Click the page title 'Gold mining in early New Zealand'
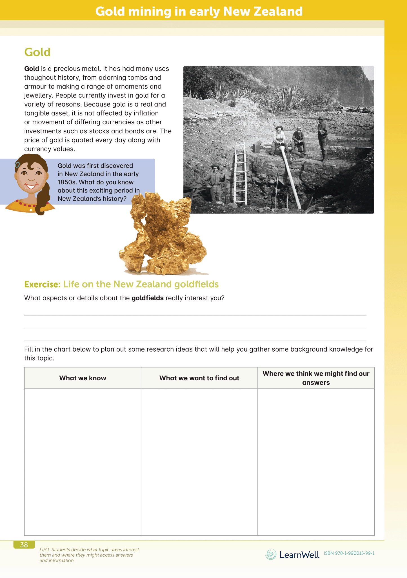pyautogui.click(x=199, y=11)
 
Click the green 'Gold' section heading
pyautogui.click(x=37, y=52)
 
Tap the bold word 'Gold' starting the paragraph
pyautogui.click(x=32, y=69)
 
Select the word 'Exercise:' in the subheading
pyautogui.click(x=43, y=284)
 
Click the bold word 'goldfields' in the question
pyautogui.click(x=148, y=298)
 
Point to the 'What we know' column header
pyautogui.click(x=83, y=378)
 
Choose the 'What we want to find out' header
pyautogui.click(x=199, y=378)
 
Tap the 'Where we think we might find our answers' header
pyautogui.click(x=316, y=378)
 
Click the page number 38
pyautogui.click(x=24, y=545)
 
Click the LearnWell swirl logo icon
pyautogui.click(x=271, y=554)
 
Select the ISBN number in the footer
pyautogui.click(x=349, y=553)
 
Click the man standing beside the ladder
pyautogui.click(x=215, y=183)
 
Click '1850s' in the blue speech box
pyautogui.click(x=67, y=182)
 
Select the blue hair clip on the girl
pyautogui.click(x=17, y=164)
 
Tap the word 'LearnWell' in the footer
pyautogui.click(x=299, y=555)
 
